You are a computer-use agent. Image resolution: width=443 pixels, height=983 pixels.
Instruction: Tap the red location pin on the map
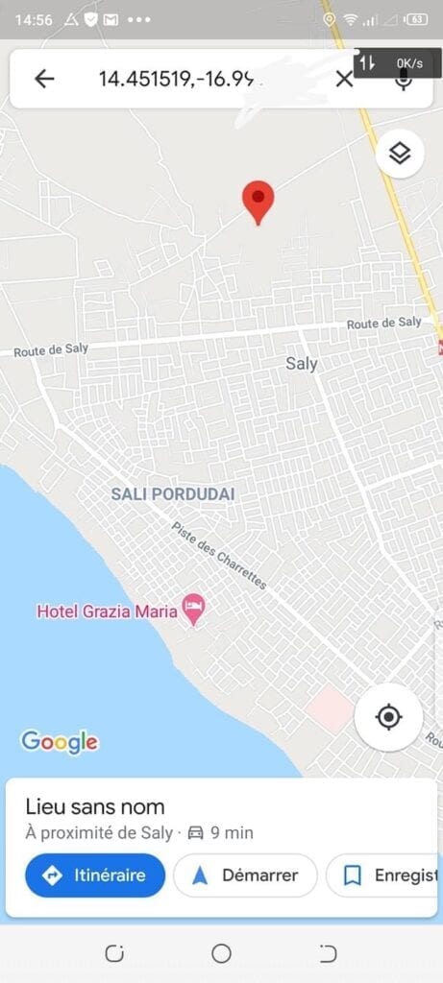(258, 199)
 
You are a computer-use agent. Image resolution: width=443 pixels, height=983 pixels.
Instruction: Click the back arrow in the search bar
(44, 79)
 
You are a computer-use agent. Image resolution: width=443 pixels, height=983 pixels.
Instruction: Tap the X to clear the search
(344, 79)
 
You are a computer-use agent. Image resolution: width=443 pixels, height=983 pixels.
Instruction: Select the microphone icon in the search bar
(404, 80)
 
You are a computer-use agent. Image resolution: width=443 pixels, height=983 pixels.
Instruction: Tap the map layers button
(400, 154)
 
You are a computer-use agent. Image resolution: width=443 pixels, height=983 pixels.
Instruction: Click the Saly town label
(302, 364)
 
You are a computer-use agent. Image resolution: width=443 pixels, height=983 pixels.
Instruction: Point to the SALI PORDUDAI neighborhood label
(173, 493)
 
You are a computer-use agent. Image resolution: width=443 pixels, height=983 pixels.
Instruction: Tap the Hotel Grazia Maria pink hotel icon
(194, 609)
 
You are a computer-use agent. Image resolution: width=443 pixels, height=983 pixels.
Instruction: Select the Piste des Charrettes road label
(218, 556)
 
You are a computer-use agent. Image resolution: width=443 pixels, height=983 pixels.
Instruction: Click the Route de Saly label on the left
(51, 350)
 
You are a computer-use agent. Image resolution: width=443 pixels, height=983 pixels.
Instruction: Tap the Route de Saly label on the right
(383, 324)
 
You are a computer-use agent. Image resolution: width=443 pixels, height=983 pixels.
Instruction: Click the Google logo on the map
(60, 741)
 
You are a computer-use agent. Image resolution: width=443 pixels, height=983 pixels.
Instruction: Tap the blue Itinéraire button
(95, 875)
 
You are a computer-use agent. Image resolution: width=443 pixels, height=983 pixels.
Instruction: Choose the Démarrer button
(245, 875)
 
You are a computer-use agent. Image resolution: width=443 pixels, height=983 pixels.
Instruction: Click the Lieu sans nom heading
(95, 806)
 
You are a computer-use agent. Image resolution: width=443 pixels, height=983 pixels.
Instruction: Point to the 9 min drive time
(231, 832)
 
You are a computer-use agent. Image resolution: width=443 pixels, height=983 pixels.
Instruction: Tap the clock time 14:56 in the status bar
(34, 19)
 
